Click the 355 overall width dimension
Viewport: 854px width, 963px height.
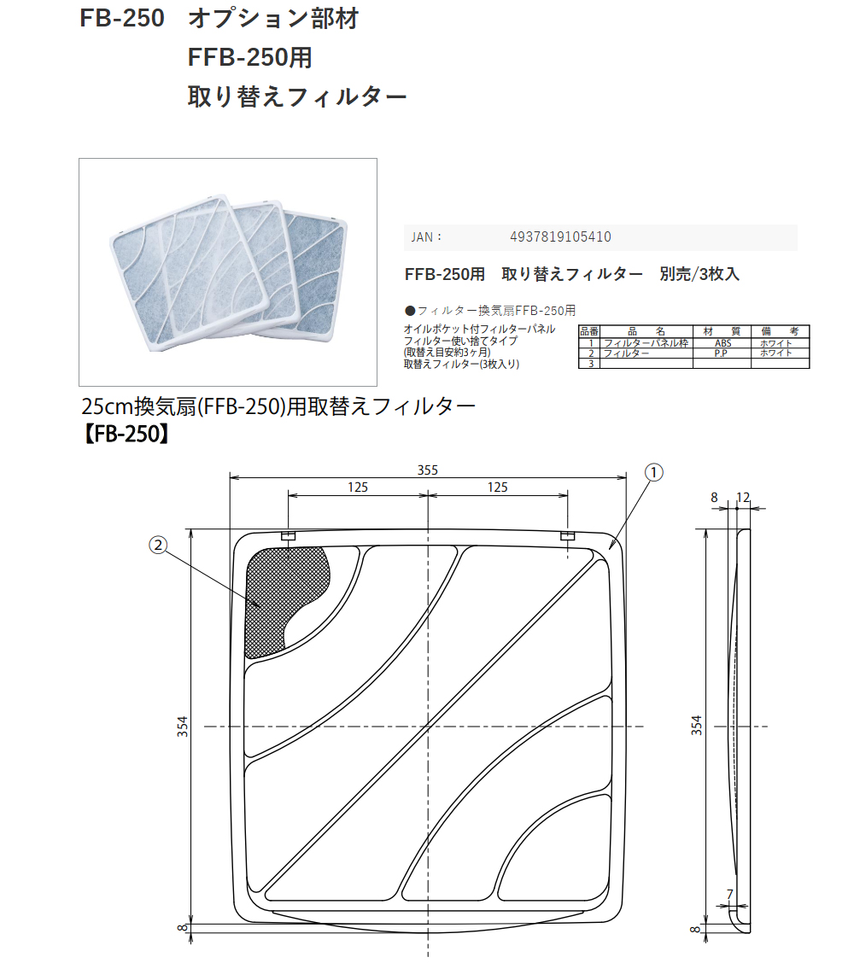point(427,470)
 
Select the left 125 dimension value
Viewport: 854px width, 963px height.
point(357,487)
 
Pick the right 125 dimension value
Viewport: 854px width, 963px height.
point(497,487)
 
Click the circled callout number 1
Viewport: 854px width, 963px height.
point(653,471)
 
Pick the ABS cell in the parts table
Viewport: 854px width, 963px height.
point(722,342)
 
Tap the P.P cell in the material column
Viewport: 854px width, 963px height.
point(722,353)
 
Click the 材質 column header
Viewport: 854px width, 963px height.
point(722,331)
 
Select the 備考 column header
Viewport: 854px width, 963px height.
point(780,331)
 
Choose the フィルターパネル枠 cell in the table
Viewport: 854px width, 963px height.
point(646,342)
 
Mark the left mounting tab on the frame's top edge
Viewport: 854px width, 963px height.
point(288,536)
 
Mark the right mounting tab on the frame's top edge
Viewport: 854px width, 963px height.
point(568,536)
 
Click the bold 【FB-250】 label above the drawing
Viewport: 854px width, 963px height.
point(125,434)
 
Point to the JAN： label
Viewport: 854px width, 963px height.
point(426,237)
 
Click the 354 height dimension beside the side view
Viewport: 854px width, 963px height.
point(697,726)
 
